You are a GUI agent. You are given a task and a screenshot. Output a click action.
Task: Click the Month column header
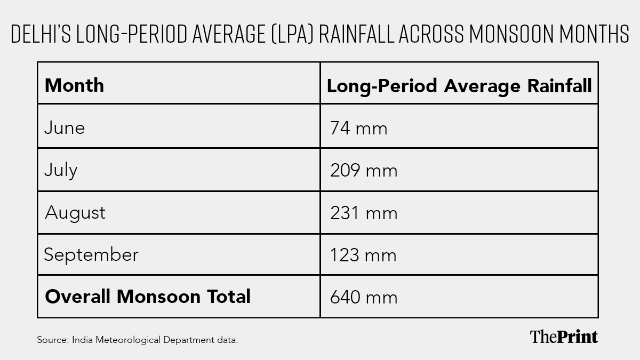coord(74,85)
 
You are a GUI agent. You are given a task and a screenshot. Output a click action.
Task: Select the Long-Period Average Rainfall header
coord(459,86)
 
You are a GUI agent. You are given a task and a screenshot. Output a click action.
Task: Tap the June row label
coord(65,127)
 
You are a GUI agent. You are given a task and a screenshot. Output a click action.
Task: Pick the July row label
coord(61,170)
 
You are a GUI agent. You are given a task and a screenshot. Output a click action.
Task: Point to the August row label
coord(75,213)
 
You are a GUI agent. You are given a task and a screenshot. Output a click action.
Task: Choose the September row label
coord(91,254)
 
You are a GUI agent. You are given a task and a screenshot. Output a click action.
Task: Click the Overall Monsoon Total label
coord(148,297)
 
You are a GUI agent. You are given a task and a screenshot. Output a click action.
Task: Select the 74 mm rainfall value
coord(359,128)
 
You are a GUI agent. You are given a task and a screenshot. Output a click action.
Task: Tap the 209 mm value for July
coord(364,171)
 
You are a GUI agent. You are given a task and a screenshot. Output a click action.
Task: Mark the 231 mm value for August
coord(364,213)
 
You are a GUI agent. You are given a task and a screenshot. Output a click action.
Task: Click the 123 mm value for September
coord(363,255)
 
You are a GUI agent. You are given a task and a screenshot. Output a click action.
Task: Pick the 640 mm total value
coord(364,298)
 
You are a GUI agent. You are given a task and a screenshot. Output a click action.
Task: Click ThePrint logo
coord(564,337)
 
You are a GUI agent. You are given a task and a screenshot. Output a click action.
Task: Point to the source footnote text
coord(138,340)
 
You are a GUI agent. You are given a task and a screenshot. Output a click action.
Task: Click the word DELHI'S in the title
coord(41,34)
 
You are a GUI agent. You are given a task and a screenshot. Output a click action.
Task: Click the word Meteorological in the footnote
coord(128,340)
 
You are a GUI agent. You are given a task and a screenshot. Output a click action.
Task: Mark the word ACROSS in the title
coord(431,34)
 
